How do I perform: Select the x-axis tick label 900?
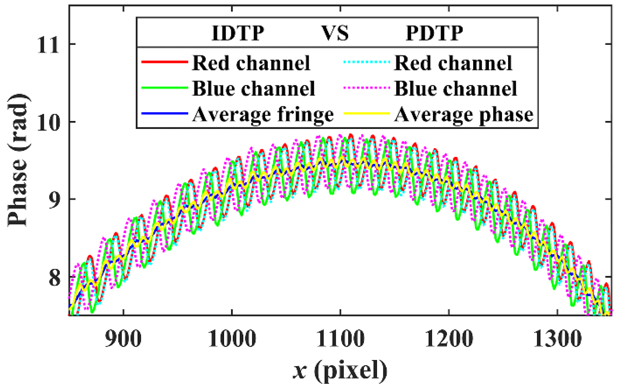click(123, 339)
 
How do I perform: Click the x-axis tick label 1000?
click(232, 339)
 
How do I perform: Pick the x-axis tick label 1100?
click(340, 339)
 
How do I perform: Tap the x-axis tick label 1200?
click(449, 339)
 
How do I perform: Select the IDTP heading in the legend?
click(238, 33)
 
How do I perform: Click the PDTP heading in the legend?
click(434, 33)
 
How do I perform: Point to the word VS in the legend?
click(335, 33)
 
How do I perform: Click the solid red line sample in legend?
click(164, 62)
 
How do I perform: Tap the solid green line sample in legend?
click(164, 88)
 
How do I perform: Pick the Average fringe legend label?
click(263, 114)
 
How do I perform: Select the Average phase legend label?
click(464, 114)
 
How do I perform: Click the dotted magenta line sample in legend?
click(366, 88)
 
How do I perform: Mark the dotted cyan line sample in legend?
click(366, 62)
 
